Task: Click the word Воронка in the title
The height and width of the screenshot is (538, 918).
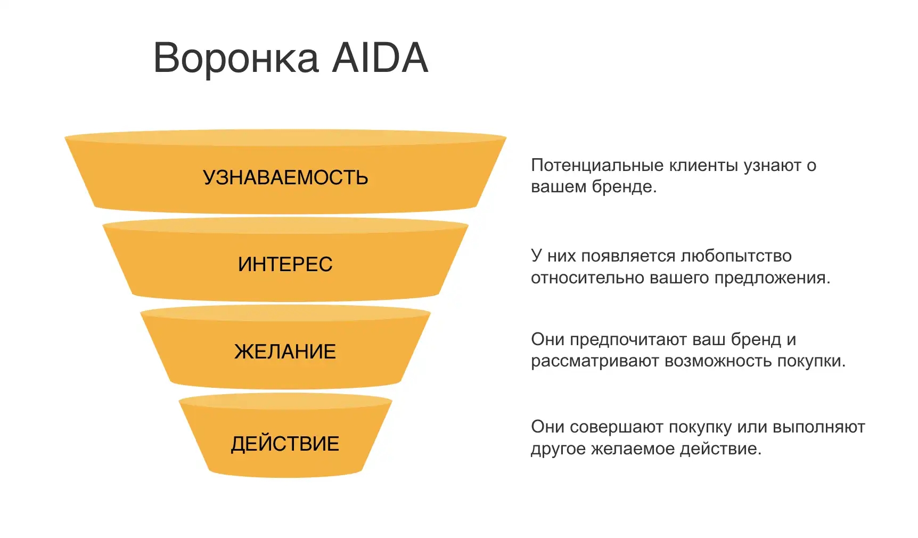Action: pos(236,58)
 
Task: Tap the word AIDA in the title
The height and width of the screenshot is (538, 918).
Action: pos(380,58)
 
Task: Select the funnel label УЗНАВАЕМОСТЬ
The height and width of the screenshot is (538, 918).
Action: pos(285,177)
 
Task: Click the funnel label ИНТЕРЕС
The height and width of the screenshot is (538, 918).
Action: pos(285,264)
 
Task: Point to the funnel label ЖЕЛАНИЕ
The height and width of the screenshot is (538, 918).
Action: pos(285,352)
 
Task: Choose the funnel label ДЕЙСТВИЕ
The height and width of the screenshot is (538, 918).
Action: pos(285,444)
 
